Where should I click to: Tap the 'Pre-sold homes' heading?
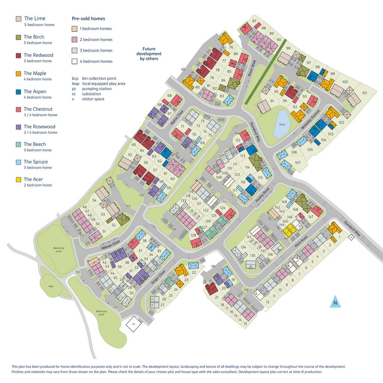88,18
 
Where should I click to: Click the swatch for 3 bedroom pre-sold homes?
74,50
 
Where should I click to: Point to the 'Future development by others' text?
149,53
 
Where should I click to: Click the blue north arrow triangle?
335,301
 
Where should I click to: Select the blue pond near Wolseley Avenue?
281,124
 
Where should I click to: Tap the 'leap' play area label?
51,286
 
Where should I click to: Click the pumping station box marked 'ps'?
133,324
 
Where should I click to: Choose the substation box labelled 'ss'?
351,237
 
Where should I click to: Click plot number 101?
364,93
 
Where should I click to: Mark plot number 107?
298,162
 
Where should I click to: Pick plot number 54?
95,200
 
